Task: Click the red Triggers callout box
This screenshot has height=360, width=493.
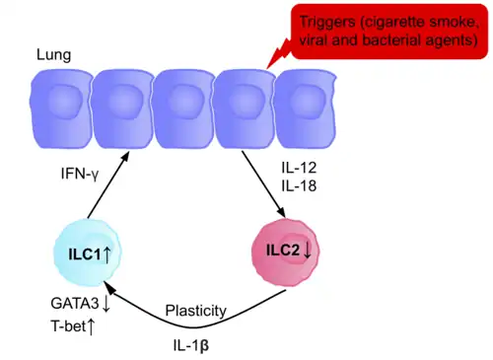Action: (388, 30)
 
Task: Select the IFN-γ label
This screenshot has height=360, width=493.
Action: (55, 173)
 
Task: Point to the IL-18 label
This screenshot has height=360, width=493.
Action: (300, 185)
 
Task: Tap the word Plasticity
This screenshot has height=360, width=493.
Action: (196, 311)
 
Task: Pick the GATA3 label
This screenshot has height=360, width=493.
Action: (73, 304)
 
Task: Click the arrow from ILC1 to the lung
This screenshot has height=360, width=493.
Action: (104, 187)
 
